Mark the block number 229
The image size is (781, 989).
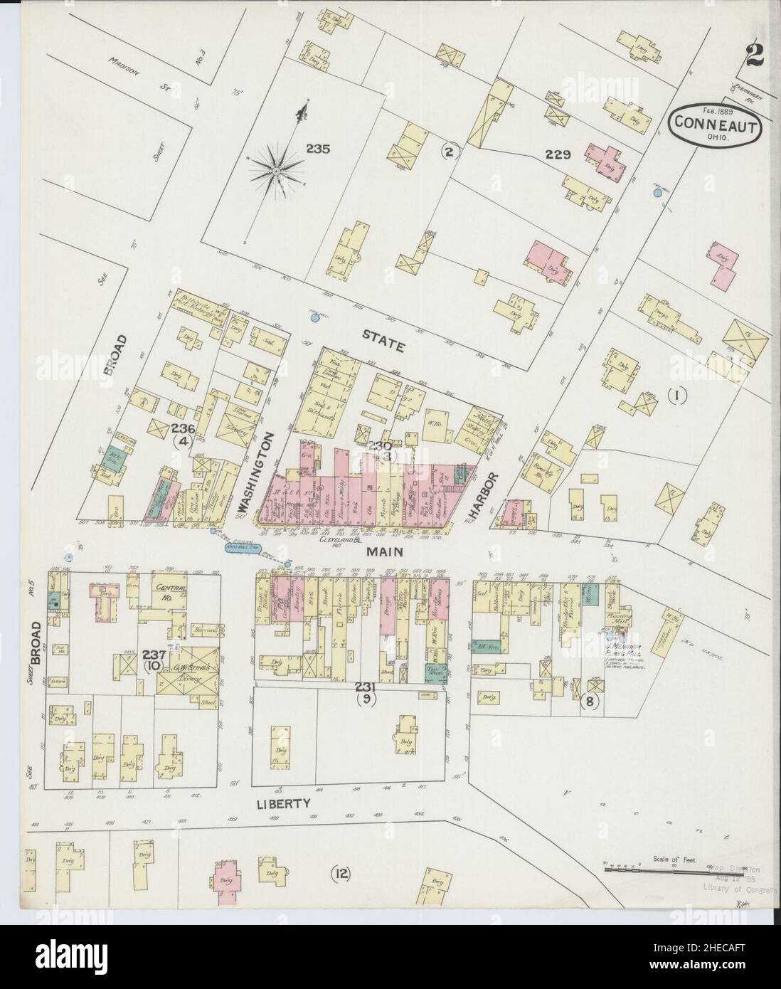[x=558, y=154]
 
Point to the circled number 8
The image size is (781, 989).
[x=589, y=701]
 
